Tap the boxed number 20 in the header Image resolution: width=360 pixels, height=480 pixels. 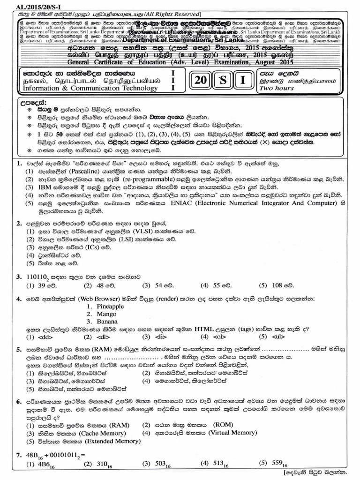tap(202, 80)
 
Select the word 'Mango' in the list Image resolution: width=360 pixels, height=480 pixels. tap(107, 314)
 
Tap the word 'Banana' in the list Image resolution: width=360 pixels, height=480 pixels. tap(108, 322)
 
